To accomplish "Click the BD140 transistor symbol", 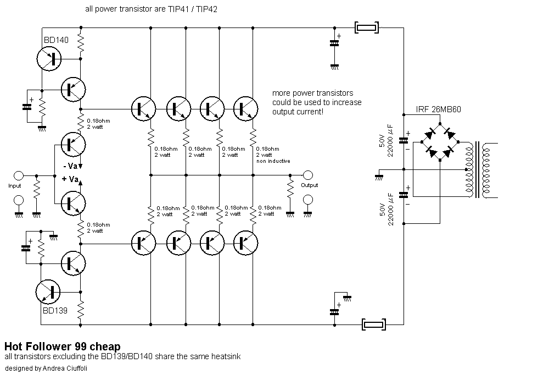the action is (x=49, y=58).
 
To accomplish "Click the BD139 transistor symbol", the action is (x=48, y=292).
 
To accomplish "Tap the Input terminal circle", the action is (x=18, y=175).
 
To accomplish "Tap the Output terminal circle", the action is (x=308, y=174).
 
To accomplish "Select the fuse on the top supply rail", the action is (x=367, y=28).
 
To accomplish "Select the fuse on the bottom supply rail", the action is (x=373, y=324).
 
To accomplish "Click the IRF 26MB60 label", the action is (x=438, y=109).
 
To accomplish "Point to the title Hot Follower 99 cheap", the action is (x=63, y=346).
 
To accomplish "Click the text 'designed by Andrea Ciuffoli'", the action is (x=46, y=369).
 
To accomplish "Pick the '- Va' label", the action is (x=70, y=166).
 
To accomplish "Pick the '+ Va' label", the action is (x=70, y=179).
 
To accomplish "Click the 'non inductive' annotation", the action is (x=273, y=161).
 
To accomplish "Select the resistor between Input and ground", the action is (x=36, y=189).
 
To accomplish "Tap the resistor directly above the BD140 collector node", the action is (x=81, y=43).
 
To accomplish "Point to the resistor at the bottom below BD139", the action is (x=81, y=309).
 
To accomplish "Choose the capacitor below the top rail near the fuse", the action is (x=334, y=43).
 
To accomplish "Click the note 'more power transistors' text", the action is (x=313, y=94).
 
